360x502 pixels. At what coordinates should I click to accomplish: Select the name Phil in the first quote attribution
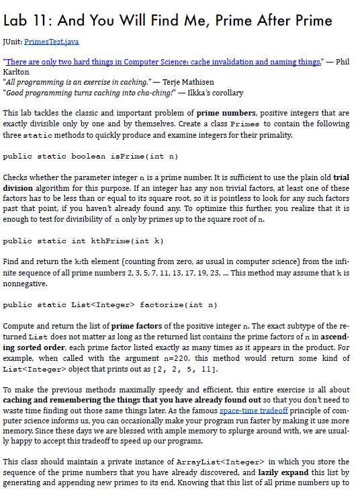tap(343, 62)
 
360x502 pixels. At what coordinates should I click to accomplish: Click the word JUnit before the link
tap(12, 42)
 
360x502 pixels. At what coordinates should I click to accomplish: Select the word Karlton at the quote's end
tap(15, 72)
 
